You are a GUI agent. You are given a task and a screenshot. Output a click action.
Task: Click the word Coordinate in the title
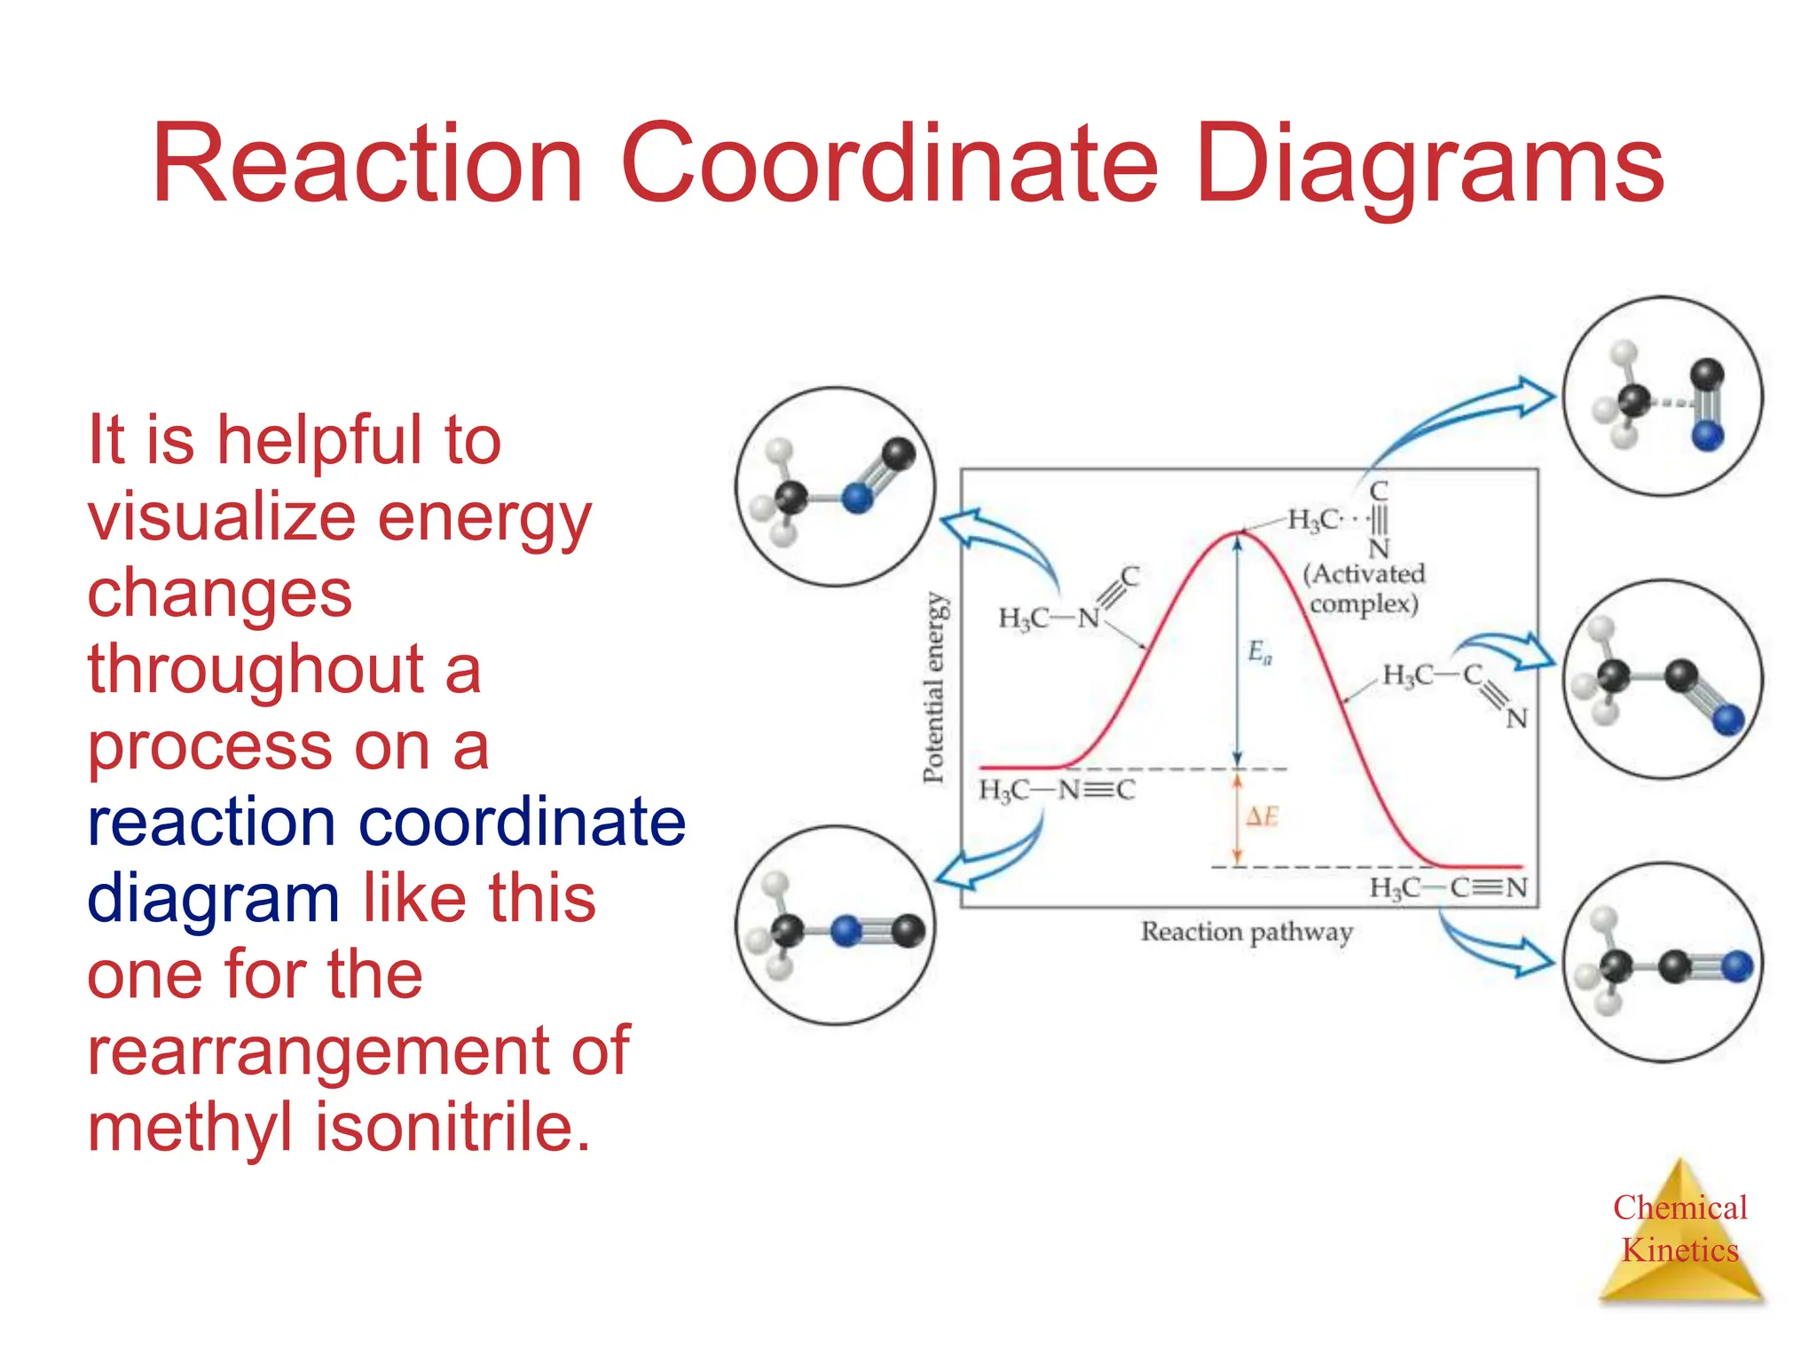tap(890, 165)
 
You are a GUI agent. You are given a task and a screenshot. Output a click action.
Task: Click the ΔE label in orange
tap(1262, 816)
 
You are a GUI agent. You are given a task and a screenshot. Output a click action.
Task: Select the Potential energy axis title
tap(934, 688)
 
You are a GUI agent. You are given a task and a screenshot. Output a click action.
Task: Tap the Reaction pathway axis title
tap(1247, 932)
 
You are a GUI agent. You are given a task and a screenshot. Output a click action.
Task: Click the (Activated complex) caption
tap(1364, 589)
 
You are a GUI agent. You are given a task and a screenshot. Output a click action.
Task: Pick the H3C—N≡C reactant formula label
tap(1056, 790)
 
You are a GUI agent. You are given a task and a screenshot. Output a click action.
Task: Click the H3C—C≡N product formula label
tap(1448, 887)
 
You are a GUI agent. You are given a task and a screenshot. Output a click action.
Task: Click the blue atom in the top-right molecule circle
tap(1707, 436)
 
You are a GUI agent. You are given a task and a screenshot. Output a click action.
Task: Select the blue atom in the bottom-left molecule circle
tap(847, 931)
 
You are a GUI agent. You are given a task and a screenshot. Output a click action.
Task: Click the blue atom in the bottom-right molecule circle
tap(1737, 966)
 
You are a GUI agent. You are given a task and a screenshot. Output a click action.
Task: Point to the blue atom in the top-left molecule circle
tap(857, 498)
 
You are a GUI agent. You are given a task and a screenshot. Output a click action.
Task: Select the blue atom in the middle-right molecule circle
tap(1727, 720)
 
